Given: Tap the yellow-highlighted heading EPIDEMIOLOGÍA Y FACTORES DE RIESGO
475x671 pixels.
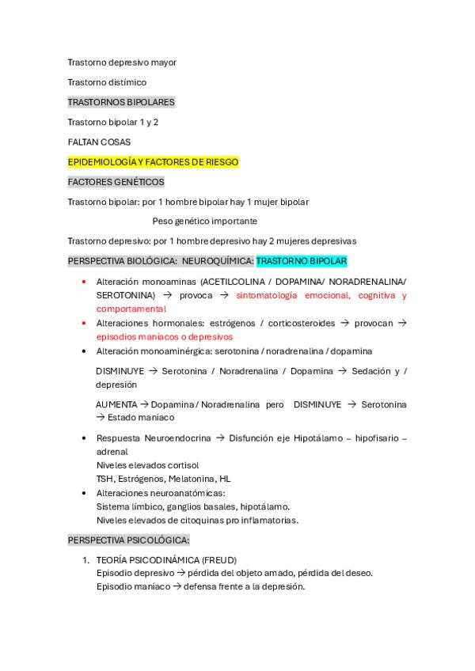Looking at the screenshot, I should pyautogui.click(x=153, y=162).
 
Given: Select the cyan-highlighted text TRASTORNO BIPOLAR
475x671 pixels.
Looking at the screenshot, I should pyautogui.click(x=302, y=260).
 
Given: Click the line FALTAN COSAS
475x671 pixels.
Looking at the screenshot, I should pyautogui.click(x=99, y=142).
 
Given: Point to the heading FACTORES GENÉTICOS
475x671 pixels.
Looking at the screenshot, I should pyautogui.click(x=116, y=182).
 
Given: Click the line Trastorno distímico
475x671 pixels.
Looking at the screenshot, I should pyautogui.click(x=107, y=82).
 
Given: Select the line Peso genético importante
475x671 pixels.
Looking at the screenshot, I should pyautogui.click(x=204, y=221).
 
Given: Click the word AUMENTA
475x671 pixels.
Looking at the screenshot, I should pyautogui.click(x=116, y=404).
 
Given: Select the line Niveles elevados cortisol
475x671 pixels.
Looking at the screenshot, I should pyautogui.click(x=147, y=465).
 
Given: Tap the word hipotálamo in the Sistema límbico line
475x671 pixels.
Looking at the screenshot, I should pyautogui.click(x=264, y=506).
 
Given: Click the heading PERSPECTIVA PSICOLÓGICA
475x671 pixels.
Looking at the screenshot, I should pyautogui.click(x=128, y=540).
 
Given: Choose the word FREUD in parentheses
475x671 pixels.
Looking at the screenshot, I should pyautogui.click(x=219, y=559).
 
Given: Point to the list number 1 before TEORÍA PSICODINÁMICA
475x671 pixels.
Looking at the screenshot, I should pyautogui.click(x=85, y=559).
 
